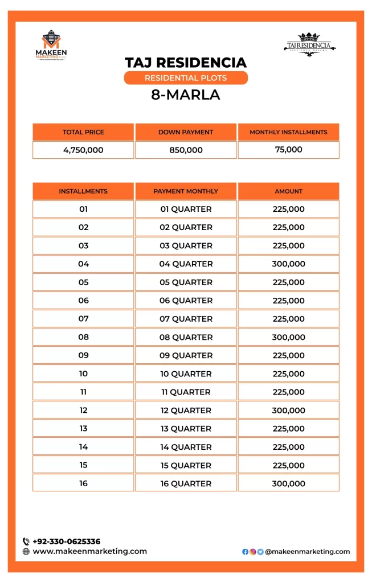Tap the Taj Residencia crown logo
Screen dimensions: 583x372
point(309,43)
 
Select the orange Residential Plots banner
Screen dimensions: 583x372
point(186,78)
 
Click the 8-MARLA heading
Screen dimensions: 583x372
point(186,95)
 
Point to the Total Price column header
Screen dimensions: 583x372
point(83,132)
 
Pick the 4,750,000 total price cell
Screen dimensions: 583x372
point(83,150)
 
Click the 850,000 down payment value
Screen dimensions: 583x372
point(186,150)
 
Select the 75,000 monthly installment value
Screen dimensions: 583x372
point(288,150)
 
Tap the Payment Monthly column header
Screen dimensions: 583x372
point(186,191)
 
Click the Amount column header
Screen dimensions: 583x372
point(288,191)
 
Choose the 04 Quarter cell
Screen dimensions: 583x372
point(186,264)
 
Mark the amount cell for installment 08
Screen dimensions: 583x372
point(288,337)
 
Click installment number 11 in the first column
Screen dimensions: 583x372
point(83,392)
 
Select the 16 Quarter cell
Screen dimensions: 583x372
point(186,483)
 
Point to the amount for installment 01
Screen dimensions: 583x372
point(288,209)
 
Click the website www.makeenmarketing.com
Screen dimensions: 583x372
point(90,551)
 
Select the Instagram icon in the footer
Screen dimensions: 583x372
point(253,552)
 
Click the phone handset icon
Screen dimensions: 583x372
point(26,541)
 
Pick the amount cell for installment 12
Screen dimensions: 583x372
point(288,410)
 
